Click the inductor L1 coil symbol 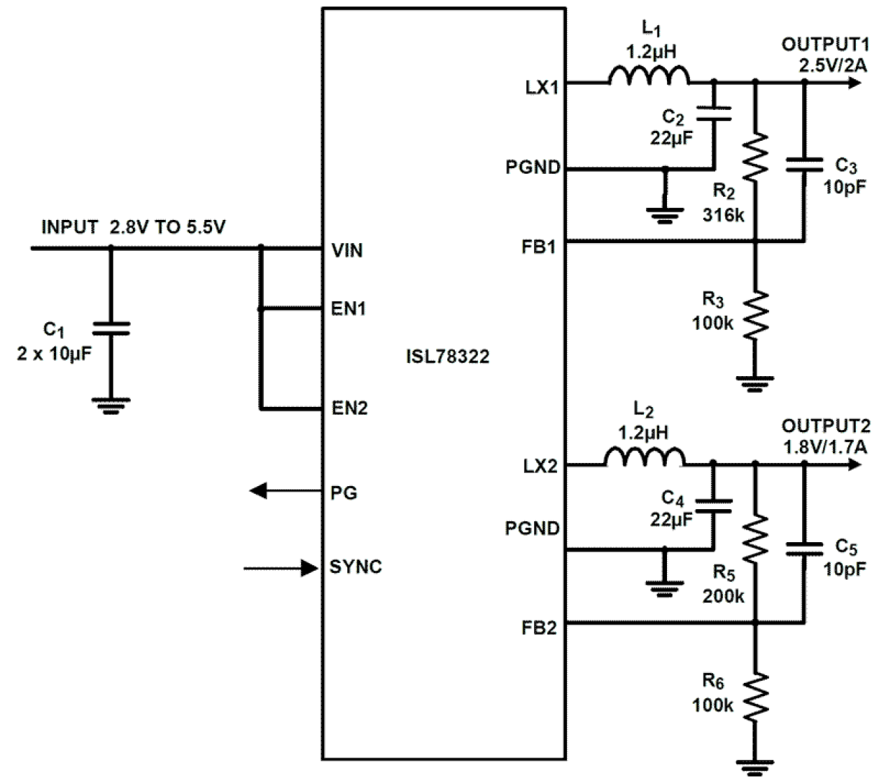tap(648, 76)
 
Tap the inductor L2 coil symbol tap(644, 458)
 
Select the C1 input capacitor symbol tap(111, 328)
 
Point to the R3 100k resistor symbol tap(755, 315)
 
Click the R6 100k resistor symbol tap(755, 697)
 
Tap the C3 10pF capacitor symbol tap(804, 164)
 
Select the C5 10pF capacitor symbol tap(804, 547)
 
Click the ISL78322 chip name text tap(448, 357)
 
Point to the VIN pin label tap(347, 251)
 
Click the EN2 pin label tap(349, 408)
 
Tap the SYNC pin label tap(356, 567)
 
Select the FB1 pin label tap(539, 247)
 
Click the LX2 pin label tap(540, 466)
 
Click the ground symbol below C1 tap(111, 405)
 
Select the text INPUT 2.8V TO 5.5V tap(133, 228)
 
